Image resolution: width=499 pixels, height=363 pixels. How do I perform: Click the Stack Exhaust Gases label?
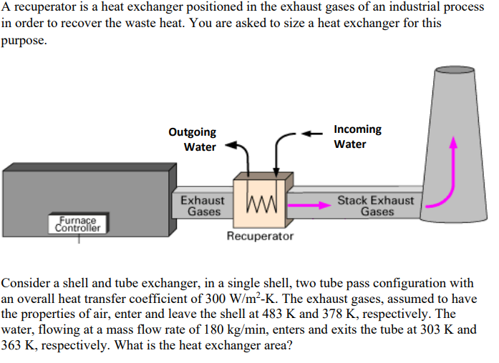pos(376,206)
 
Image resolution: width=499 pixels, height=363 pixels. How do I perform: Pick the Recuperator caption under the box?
pos(260,236)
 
